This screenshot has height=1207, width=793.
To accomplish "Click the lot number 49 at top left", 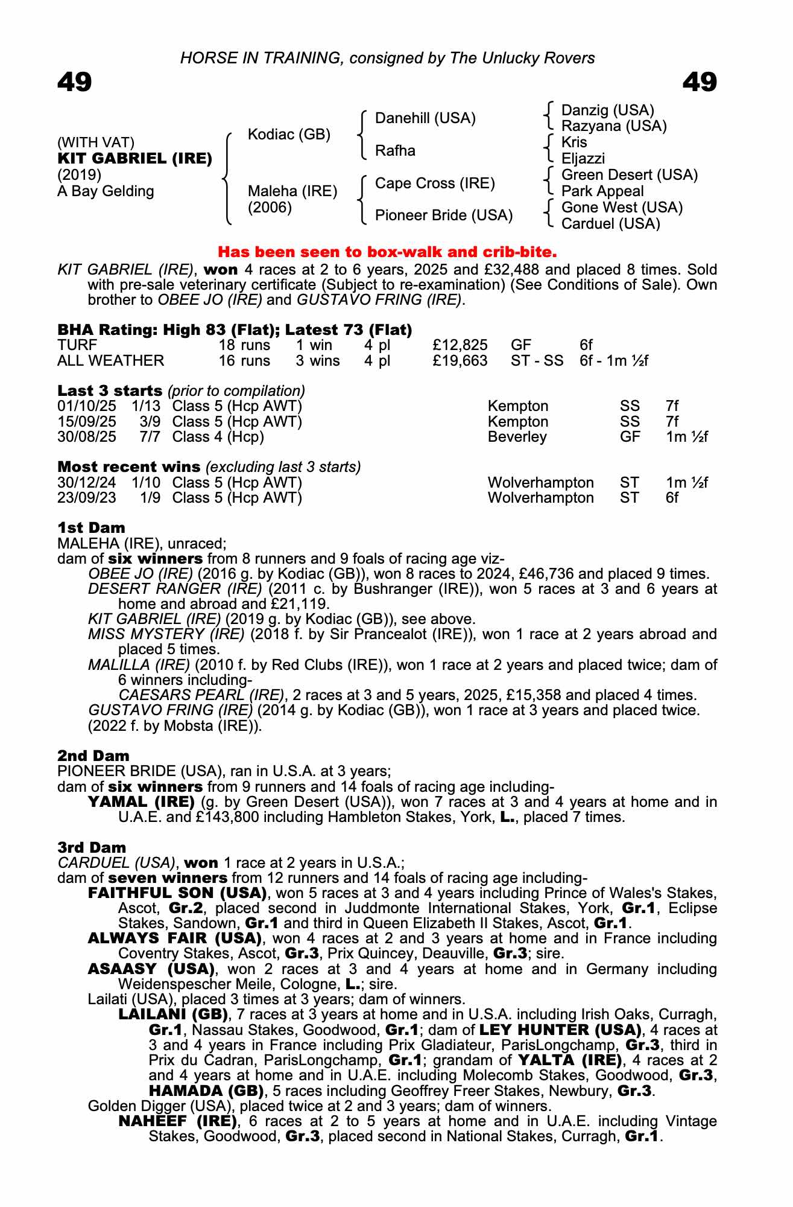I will pos(74,82).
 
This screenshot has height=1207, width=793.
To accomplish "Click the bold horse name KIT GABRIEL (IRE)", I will pos(134,159).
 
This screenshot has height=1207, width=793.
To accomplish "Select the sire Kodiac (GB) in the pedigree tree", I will pos(289,135).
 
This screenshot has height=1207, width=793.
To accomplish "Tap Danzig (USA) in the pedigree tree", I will pos(607,110).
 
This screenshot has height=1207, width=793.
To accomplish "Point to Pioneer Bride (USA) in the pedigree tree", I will pos(443,215).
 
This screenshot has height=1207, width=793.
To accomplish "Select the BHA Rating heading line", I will pos(235,330).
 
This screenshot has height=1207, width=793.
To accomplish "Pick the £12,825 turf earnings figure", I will pos(460,345).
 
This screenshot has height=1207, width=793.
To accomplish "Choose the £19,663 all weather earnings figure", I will pos(460,361).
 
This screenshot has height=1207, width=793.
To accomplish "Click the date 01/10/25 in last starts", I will pos(86,406).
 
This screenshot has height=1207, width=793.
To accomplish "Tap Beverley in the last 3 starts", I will pos(517,437).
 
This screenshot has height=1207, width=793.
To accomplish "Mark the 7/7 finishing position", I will pos(150,437).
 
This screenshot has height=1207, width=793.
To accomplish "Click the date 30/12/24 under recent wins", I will pos(86,483).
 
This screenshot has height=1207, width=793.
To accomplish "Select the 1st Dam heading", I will pos(91,528).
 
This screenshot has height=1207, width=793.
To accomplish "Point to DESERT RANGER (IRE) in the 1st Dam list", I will pos(175,589).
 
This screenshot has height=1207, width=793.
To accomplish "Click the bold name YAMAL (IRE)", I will pos(141,802).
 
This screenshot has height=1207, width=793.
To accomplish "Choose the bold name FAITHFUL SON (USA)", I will pos(177,893).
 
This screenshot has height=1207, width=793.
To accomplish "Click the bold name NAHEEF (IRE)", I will pos(177,1121).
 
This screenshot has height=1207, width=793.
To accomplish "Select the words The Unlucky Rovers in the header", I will pos(538,58).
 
